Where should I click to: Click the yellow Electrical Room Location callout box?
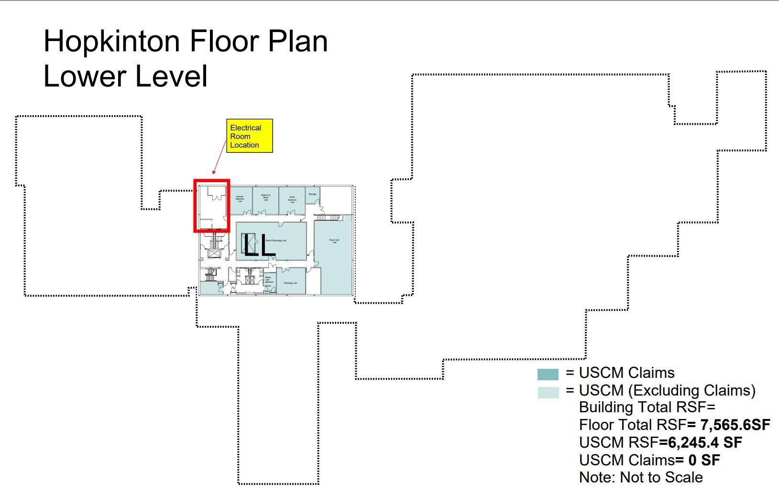pos(249,136)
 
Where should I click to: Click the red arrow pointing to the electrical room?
pos(219,157)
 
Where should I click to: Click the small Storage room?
pos(313,195)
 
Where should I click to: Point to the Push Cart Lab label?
pos(334,241)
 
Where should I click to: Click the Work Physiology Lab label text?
pos(276,240)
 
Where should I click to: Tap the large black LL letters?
pos(258,245)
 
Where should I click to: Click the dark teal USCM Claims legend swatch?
pos(548,374)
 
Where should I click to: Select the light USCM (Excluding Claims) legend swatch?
pos(548,392)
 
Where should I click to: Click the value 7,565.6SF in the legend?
pos(735,425)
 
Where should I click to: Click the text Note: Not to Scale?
pos(641,477)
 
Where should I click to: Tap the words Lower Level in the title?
pos(126,76)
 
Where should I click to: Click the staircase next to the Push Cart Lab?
pos(328,218)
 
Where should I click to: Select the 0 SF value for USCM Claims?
pos(704,460)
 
